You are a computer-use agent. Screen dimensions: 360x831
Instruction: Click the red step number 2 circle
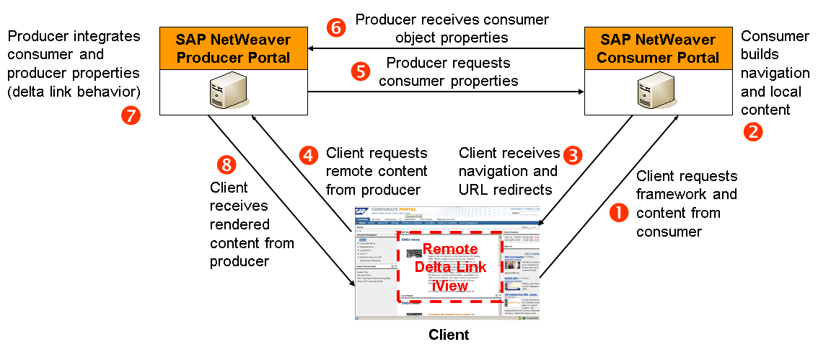(x=752, y=132)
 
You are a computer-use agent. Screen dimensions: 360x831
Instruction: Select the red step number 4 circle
(x=309, y=154)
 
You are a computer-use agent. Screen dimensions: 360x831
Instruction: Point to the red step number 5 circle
(x=360, y=71)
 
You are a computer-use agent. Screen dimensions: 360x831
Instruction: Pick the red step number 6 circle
(x=335, y=27)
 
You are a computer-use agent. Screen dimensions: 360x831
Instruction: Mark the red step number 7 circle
(x=131, y=115)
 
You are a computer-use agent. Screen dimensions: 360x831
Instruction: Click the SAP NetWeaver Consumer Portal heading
(x=657, y=48)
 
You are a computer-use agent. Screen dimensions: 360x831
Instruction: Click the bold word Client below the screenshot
(x=449, y=335)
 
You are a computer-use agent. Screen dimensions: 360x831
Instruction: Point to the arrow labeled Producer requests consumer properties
(x=445, y=92)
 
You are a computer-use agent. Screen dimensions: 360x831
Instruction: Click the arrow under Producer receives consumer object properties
(x=445, y=49)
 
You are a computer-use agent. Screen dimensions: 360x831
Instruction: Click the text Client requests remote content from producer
(x=376, y=171)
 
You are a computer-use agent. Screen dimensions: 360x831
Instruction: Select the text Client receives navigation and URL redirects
(x=509, y=171)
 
